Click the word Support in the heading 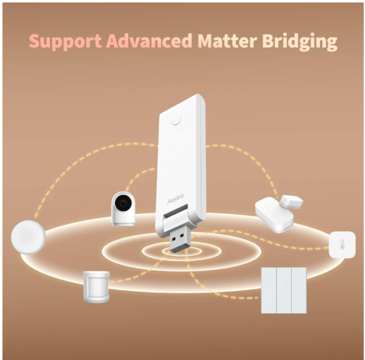tap(65, 41)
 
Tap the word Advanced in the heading tap(149, 41)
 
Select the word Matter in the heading tap(227, 41)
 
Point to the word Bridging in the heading tap(300, 41)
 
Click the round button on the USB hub tap(177, 120)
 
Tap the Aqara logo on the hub tap(175, 199)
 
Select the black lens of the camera tap(123, 203)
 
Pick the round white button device tap(28, 237)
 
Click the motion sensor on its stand tap(96, 286)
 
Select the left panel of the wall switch tap(269, 290)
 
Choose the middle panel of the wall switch tap(284, 290)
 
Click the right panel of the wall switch tap(299, 290)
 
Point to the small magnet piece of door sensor tap(291, 202)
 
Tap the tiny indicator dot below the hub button tap(177, 131)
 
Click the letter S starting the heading tap(35, 41)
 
